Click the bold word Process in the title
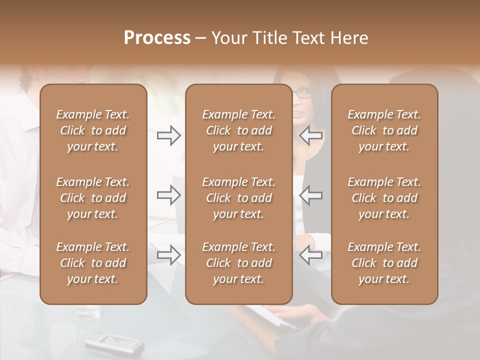click(157, 38)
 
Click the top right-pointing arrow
click(168, 135)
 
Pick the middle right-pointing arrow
click(168, 195)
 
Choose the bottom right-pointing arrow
click(168, 255)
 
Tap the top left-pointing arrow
click(310, 135)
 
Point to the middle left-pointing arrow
click(310, 195)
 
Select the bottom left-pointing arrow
click(310, 255)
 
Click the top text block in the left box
click(93, 130)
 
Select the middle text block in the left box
click(93, 198)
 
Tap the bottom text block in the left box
click(93, 263)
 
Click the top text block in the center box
click(238, 130)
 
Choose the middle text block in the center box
click(238, 198)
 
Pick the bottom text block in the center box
click(238, 263)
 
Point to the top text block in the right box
click(384, 130)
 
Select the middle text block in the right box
click(384, 198)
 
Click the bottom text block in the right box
click(384, 263)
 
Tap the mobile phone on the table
click(114, 343)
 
